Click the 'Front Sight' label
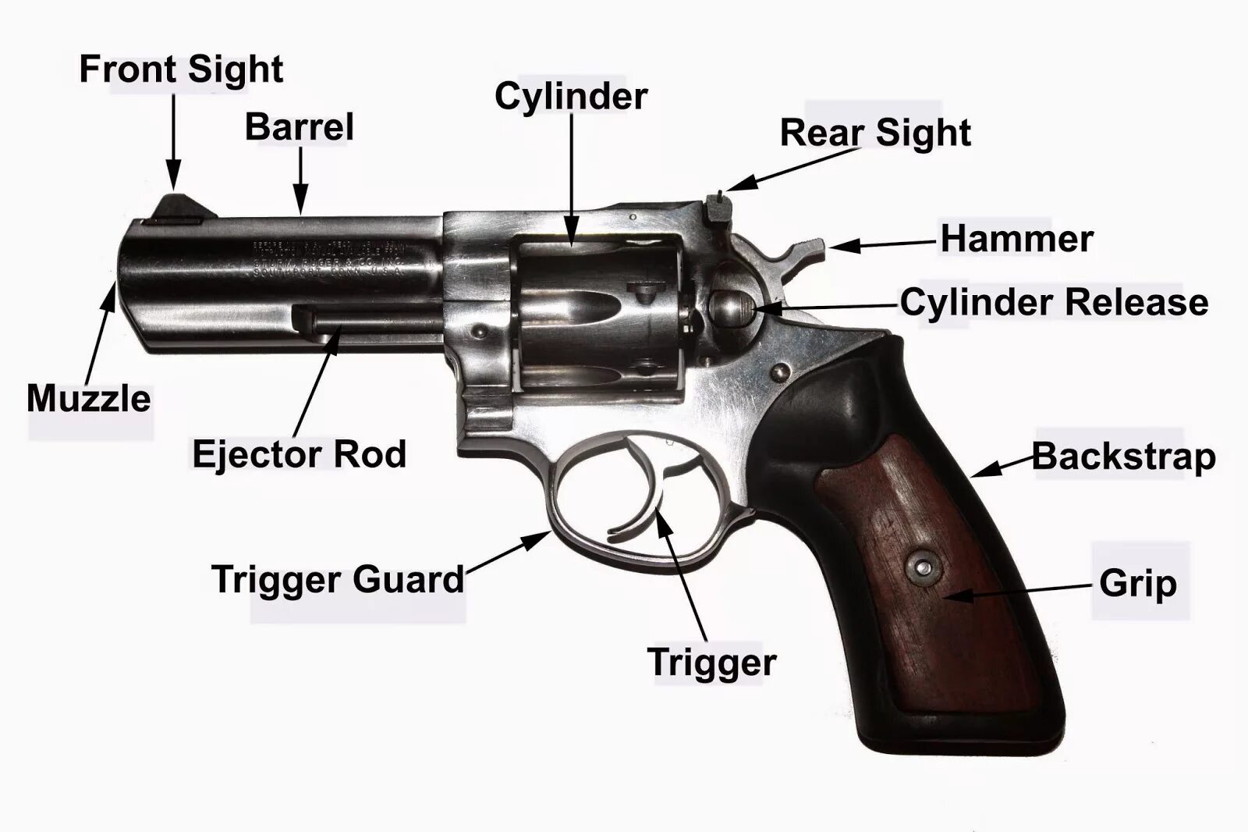181,70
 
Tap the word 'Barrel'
300,127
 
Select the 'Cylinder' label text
571,97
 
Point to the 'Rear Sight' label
875,133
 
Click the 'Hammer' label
1016,239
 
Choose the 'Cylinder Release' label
1055,302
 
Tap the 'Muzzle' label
89,399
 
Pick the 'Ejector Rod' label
300,454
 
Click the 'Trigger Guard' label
338,580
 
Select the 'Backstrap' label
1124,457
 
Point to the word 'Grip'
1137,584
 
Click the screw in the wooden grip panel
922,567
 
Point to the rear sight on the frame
715,206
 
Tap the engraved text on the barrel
328,258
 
